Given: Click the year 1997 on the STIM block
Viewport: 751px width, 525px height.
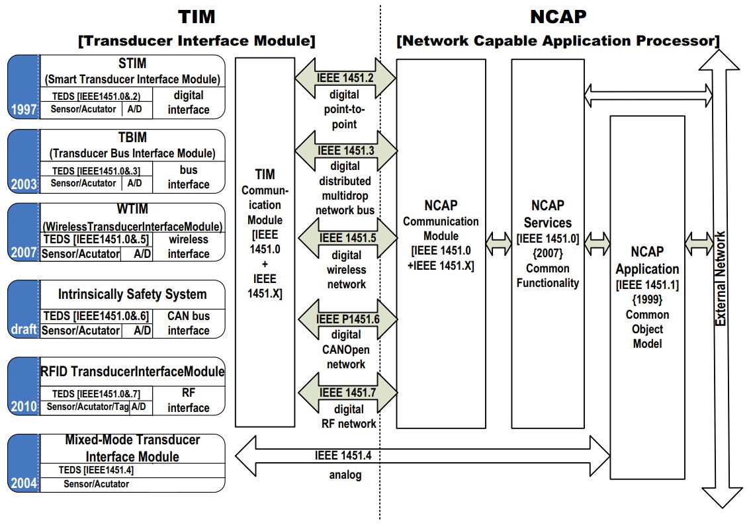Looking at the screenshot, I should pos(24,109).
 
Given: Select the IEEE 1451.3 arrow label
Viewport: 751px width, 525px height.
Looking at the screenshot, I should pos(345,151).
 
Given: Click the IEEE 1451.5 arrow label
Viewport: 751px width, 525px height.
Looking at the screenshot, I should pos(345,239).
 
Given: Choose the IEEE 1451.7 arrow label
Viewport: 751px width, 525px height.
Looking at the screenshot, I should pos(345,393).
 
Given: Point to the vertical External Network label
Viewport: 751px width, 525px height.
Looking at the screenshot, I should pos(721,278).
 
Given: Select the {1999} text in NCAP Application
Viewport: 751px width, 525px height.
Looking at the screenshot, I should pos(647,300).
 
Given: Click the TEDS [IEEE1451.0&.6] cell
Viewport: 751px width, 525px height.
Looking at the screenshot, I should pos(97,316).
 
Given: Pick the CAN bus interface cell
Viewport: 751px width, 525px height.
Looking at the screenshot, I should pos(189,323).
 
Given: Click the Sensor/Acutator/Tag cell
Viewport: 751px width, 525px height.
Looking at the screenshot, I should pos(87,407).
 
